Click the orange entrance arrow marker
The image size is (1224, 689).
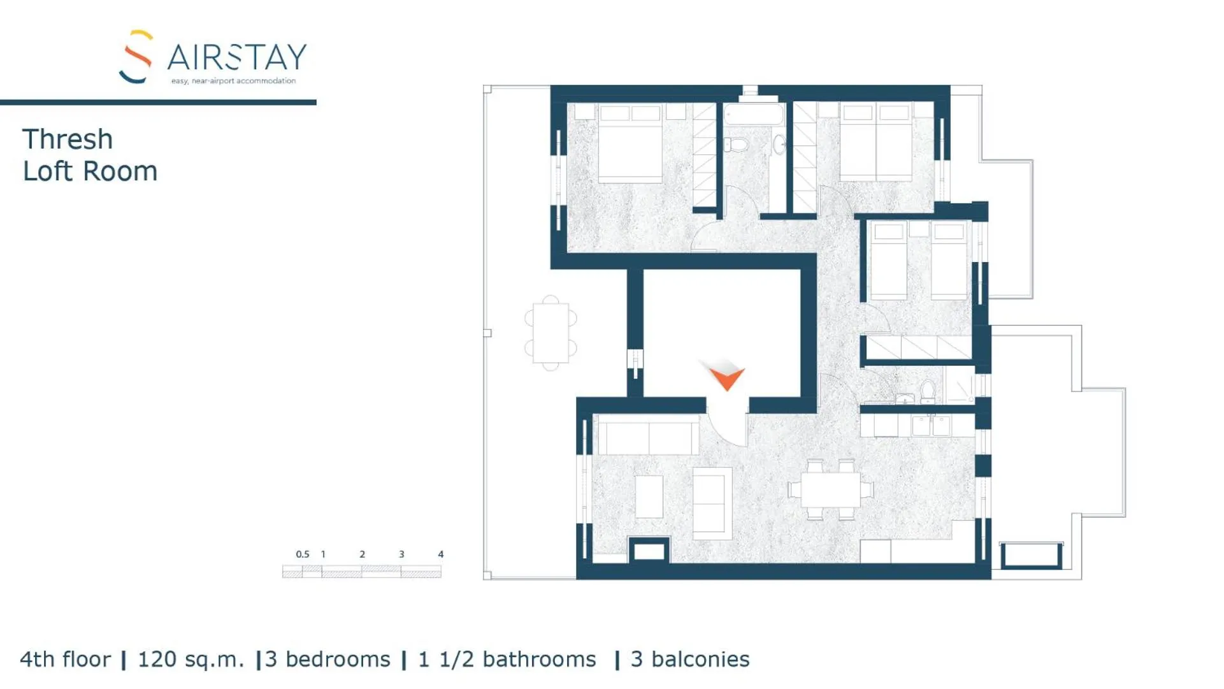pos(726,377)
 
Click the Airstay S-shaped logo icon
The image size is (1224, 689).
pos(136,57)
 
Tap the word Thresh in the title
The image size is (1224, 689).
pos(68,140)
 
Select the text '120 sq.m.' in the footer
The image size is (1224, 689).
pos(191,660)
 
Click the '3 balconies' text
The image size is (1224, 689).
pos(690,660)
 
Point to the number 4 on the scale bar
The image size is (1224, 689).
pos(440,555)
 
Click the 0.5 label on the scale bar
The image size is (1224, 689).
pos(302,555)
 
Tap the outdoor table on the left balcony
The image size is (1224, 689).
pos(551,333)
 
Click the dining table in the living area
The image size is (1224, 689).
pos(830,490)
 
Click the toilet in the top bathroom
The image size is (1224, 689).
pos(737,144)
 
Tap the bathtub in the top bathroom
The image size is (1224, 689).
pos(753,115)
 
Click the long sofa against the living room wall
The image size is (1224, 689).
pos(648,437)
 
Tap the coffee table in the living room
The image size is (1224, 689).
pos(649,497)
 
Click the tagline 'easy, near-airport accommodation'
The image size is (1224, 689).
pos(233,81)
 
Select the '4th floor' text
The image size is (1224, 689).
pos(65,660)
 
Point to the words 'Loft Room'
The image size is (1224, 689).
pos(90,171)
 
